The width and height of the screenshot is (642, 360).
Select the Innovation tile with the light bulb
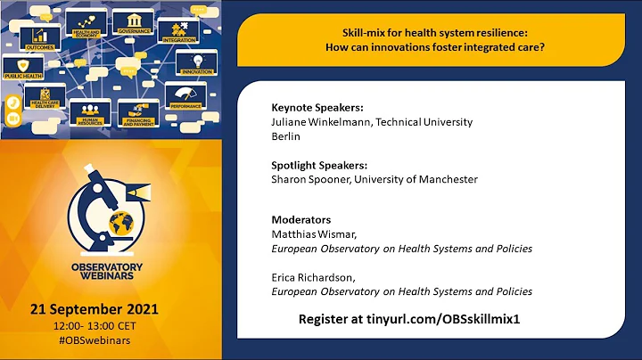pyautogui.click(x=197, y=61)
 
